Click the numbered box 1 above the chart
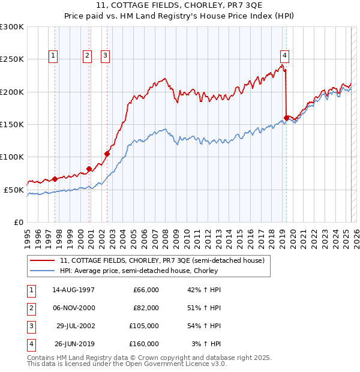[x=53, y=56]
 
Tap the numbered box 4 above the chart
[x=284, y=56]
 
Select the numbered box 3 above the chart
[x=105, y=56]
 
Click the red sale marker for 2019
[x=286, y=118]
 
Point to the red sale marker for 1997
[x=55, y=179]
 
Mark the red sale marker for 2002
[x=107, y=154]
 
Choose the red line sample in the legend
[x=43, y=261]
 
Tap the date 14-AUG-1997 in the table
[x=74, y=290]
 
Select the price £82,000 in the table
[x=146, y=308]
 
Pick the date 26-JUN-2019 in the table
[x=74, y=344]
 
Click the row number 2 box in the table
[x=31, y=308]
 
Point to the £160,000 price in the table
[x=144, y=344]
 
